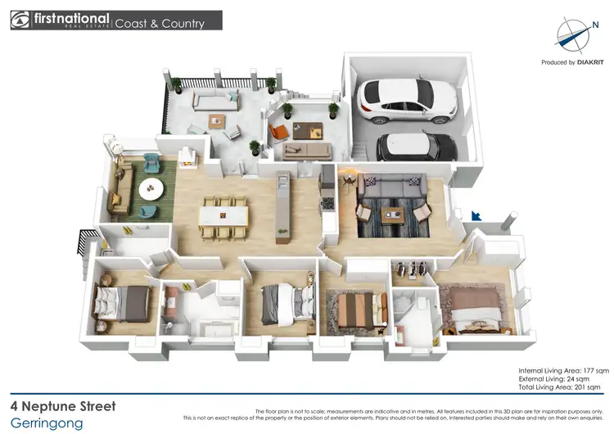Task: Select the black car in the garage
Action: click(417, 147)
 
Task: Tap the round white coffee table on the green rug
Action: click(151, 189)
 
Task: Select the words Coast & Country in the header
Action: click(160, 24)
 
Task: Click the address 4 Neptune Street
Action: click(64, 406)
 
